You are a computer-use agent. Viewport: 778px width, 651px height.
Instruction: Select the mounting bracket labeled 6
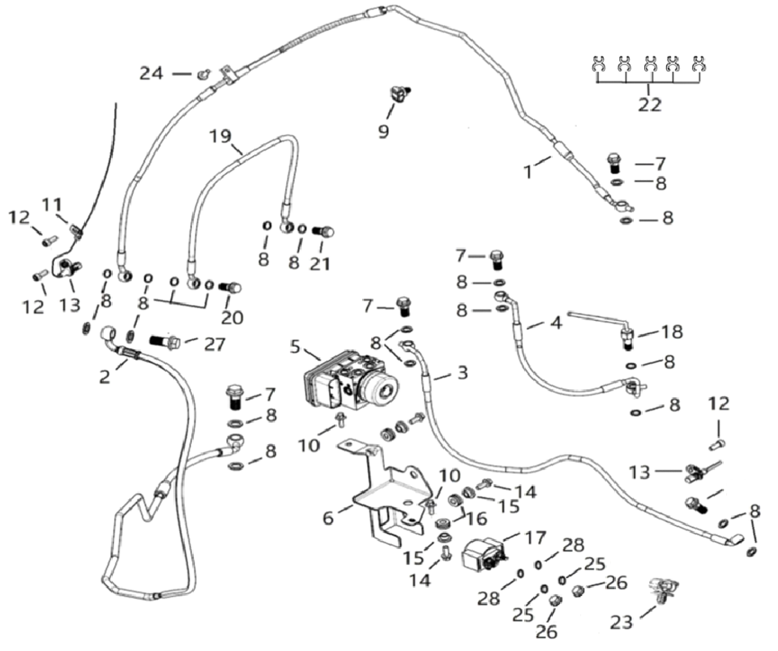pos(389,495)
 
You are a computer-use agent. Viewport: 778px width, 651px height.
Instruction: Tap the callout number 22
pos(649,105)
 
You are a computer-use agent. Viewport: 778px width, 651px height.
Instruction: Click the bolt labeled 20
pos(231,288)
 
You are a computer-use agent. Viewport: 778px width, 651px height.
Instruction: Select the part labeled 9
pos(400,95)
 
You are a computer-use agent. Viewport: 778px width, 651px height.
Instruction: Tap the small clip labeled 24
pos(203,75)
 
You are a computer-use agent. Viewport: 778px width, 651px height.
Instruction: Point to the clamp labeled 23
pos(665,590)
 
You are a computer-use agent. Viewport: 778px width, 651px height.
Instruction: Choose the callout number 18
pos(672,332)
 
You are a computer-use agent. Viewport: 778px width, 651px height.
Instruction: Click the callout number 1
pos(528,171)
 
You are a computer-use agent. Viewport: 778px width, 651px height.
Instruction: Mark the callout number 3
pos(463,375)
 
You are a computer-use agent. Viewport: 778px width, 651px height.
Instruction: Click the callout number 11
pos(52,204)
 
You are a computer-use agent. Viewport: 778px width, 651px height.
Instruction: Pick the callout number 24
pos(151,74)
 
